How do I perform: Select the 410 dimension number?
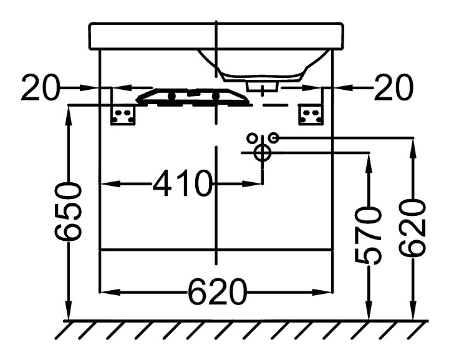182,183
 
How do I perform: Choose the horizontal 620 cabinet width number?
216,291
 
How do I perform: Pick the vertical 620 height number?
413,228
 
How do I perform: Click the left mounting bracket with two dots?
123,115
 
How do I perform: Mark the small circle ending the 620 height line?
274,137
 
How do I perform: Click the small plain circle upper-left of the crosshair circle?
252,137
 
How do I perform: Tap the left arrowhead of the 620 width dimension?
107,291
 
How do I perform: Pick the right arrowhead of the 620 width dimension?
325,291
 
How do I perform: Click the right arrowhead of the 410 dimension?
256,183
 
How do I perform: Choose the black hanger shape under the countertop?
193,96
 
